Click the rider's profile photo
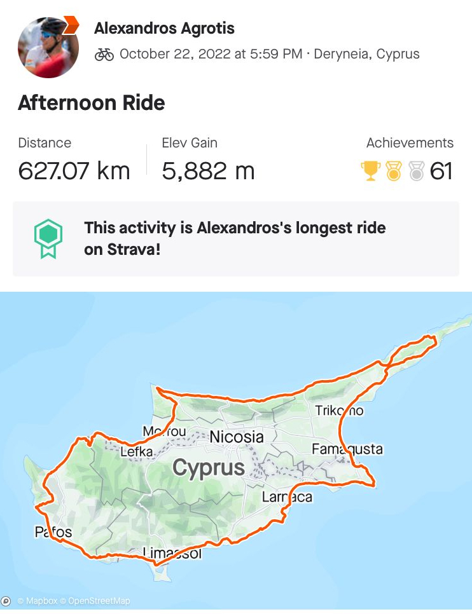(x=48, y=47)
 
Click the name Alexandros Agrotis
(x=164, y=29)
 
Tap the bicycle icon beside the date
(x=104, y=54)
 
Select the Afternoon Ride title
(x=92, y=103)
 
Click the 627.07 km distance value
(x=74, y=171)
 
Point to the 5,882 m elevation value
(x=208, y=171)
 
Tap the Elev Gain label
(x=190, y=143)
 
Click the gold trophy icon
(x=370, y=170)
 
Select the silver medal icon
(x=417, y=170)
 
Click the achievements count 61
(x=441, y=170)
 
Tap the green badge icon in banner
(x=48, y=238)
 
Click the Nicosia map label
(x=236, y=437)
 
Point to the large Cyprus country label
(x=209, y=468)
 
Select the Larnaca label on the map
(x=288, y=496)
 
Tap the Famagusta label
(x=347, y=449)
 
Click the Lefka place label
(x=137, y=451)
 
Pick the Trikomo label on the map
(x=339, y=411)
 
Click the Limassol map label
(x=172, y=553)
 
